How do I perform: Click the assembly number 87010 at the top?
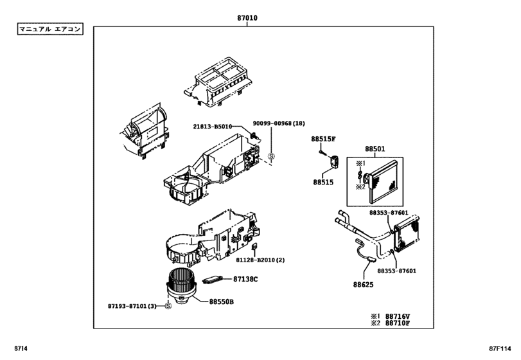(x=246, y=18)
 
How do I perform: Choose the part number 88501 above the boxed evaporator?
(x=375, y=149)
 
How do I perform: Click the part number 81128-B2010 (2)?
(x=260, y=260)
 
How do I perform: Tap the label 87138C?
(x=245, y=279)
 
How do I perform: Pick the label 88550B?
(x=221, y=301)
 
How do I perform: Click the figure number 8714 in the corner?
(x=19, y=349)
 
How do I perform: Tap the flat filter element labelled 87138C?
(x=213, y=280)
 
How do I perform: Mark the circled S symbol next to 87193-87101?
(x=168, y=306)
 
